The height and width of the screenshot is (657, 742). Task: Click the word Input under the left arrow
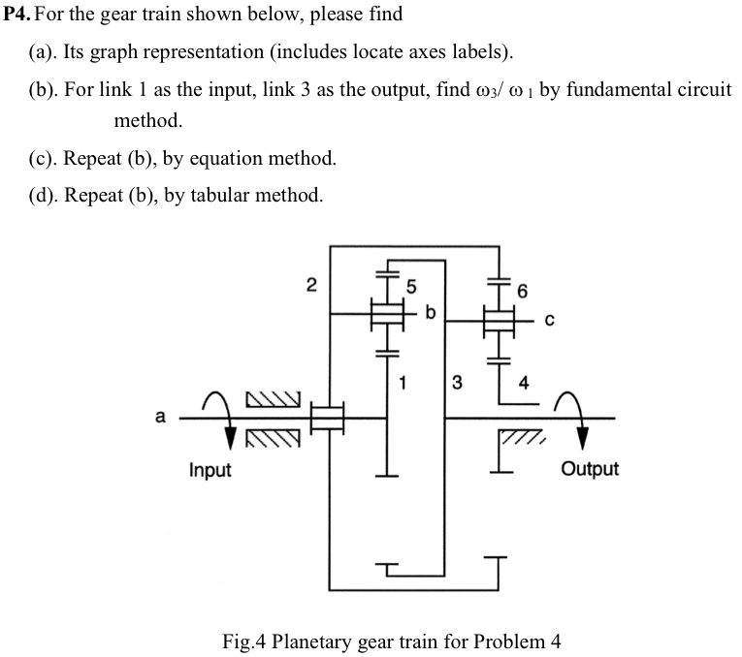pyautogui.click(x=210, y=470)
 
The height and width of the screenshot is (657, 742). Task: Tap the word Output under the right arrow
pyautogui.click(x=590, y=469)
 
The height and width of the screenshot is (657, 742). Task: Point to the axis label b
pyautogui.click(x=431, y=312)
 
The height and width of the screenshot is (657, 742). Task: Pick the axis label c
pyautogui.click(x=549, y=322)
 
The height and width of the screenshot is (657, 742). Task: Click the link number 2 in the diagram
pyautogui.click(x=310, y=285)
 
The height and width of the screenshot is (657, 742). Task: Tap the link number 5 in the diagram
pyautogui.click(x=410, y=287)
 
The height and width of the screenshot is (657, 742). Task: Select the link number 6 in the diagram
pyautogui.click(x=523, y=291)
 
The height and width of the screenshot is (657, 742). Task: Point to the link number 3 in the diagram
pyautogui.click(x=458, y=382)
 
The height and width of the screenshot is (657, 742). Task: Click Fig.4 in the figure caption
pyautogui.click(x=246, y=641)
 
